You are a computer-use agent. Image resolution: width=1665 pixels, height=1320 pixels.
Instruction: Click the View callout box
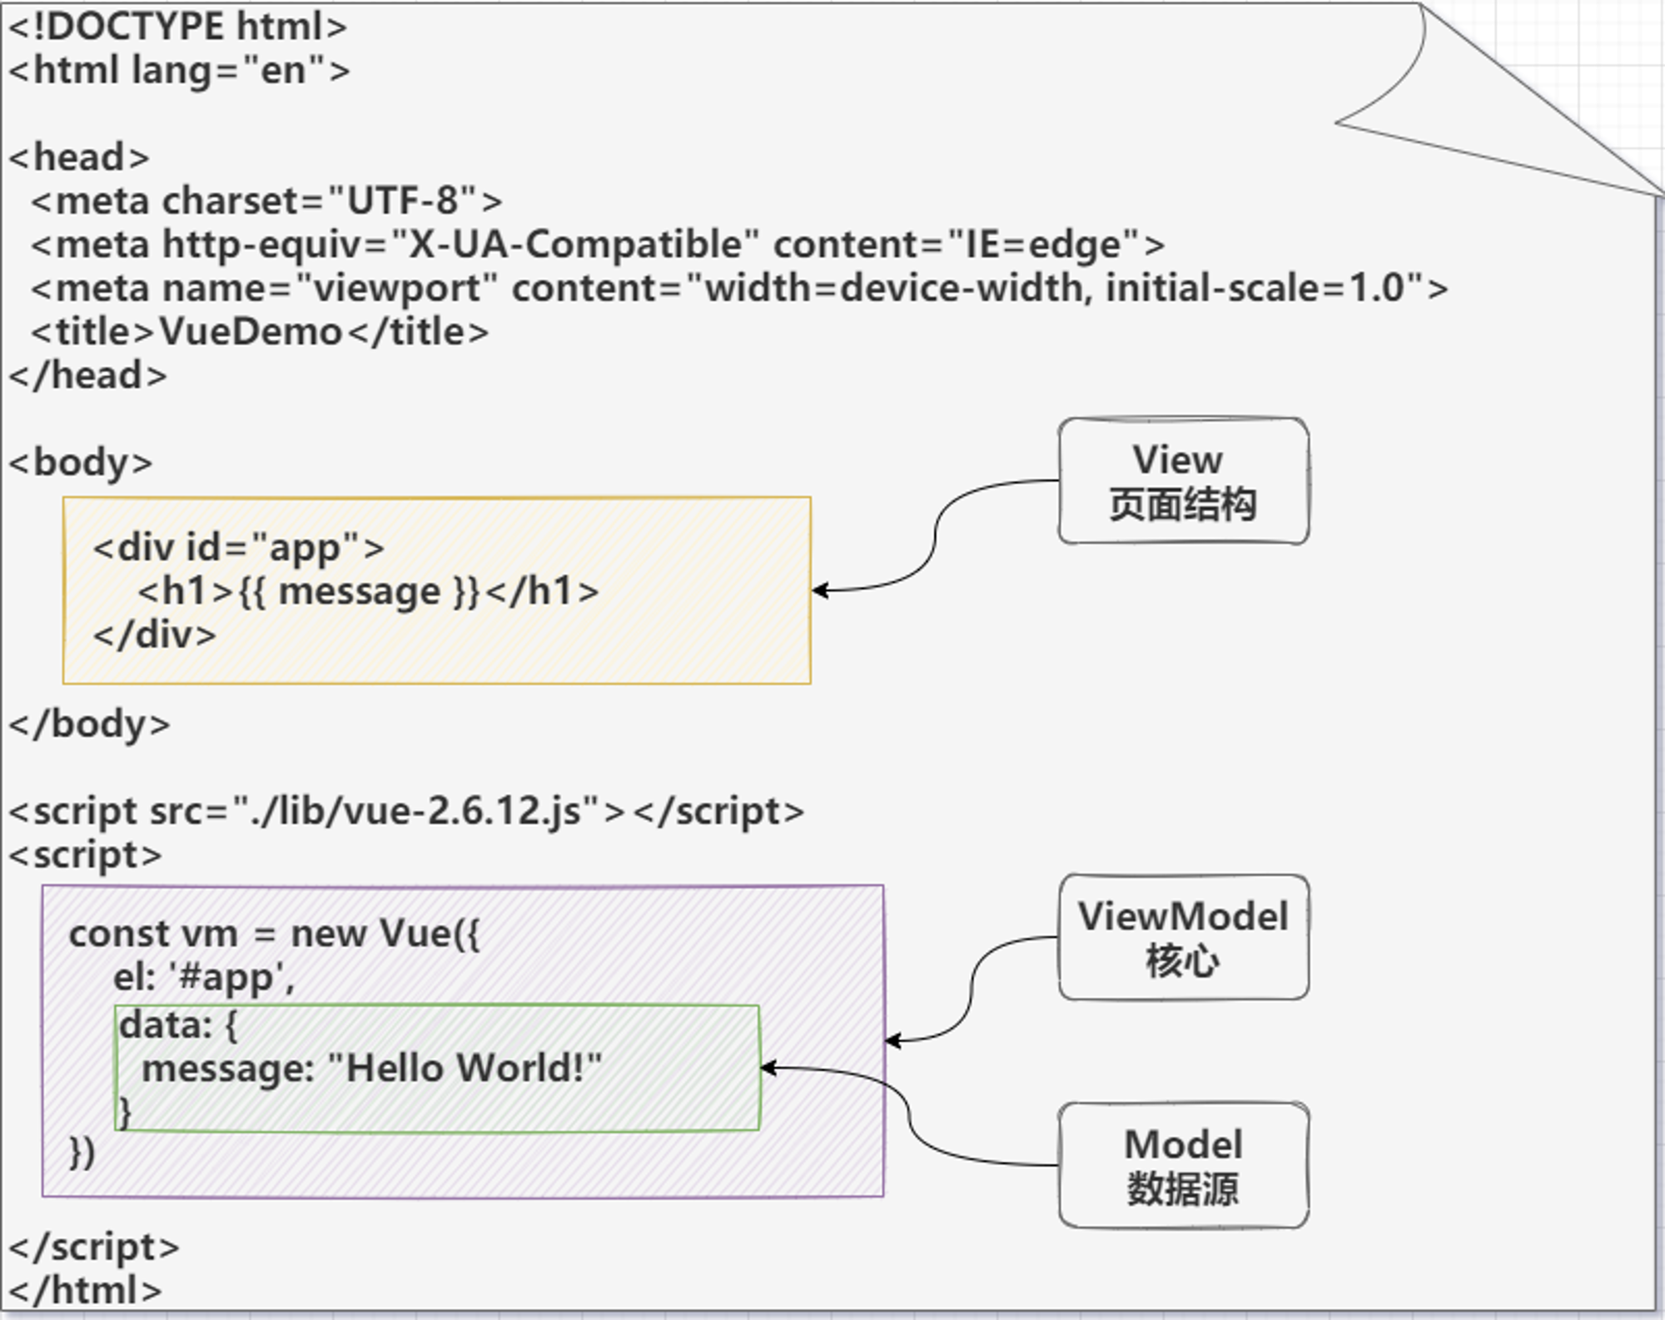point(1183,481)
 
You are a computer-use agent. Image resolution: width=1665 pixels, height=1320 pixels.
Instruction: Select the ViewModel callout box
point(1183,937)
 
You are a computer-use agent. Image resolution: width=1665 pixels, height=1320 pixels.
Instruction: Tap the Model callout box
point(1183,1165)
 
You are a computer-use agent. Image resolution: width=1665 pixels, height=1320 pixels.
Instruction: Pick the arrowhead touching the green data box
point(769,1068)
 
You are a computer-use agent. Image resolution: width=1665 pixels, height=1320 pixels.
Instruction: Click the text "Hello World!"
point(465,1068)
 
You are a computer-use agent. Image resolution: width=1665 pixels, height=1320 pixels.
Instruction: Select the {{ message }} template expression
point(360,592)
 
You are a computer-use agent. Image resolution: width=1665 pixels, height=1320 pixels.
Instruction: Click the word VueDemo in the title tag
point(251,331)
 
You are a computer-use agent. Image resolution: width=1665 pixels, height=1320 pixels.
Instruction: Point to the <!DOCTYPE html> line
point(177,27)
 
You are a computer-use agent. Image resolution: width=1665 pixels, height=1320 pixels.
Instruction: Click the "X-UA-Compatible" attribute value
point(574,245)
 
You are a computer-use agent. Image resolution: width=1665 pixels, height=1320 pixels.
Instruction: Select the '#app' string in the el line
point(231,977)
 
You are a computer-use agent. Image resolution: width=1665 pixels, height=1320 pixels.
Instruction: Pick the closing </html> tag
point(85,1291)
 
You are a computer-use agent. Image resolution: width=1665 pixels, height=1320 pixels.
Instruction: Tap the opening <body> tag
point(81,463)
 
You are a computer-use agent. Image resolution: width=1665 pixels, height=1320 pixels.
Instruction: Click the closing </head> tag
point(87,375)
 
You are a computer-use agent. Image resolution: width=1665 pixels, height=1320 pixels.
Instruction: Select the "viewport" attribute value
point(396,289)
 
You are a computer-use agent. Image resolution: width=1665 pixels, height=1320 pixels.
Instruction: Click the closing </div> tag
point(155,635)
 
